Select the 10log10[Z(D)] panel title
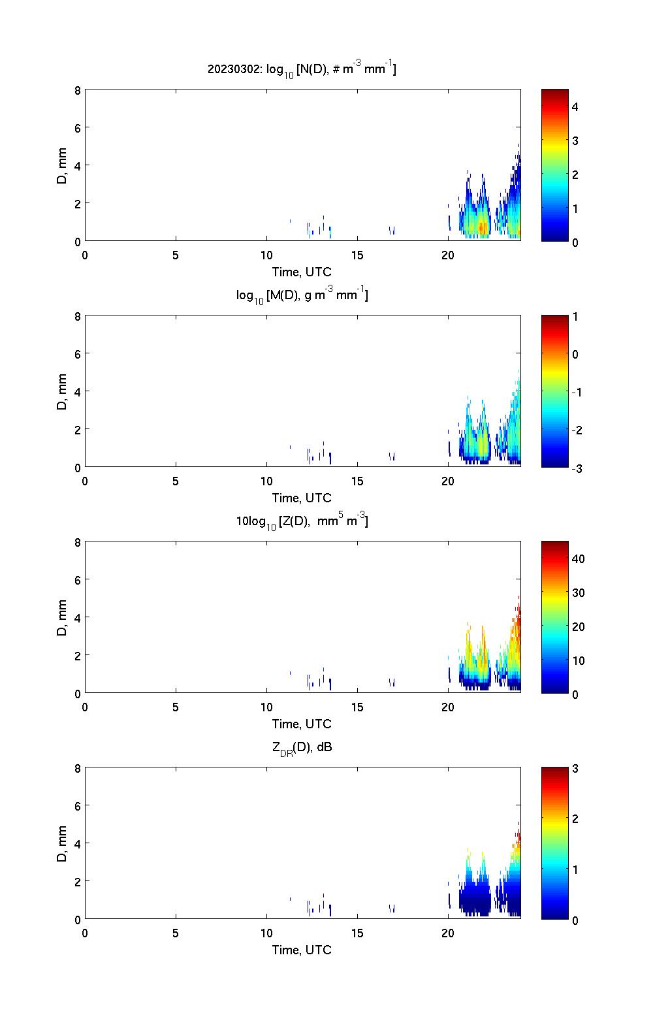pos(302,522)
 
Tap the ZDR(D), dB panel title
pos(302,748)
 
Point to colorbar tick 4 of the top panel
pos(575,106)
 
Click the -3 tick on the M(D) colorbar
pos(575,468)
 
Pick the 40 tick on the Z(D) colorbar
pos(578,559)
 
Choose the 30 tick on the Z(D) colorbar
pos(578,593)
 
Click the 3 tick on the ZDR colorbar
pos(575,769)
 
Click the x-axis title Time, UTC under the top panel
pos(302,272)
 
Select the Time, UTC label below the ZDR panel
pos(302,950)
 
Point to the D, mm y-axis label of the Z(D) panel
pos(62,617)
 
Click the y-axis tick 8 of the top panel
pos(78,90)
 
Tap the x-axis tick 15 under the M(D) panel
pos(357,481)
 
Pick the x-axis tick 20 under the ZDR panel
pos(448,933)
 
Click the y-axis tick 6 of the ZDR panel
pos(78,806)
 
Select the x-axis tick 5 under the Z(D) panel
pos(176,707)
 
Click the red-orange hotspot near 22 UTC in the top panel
pos(481,227)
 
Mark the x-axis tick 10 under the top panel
pos(266,255)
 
